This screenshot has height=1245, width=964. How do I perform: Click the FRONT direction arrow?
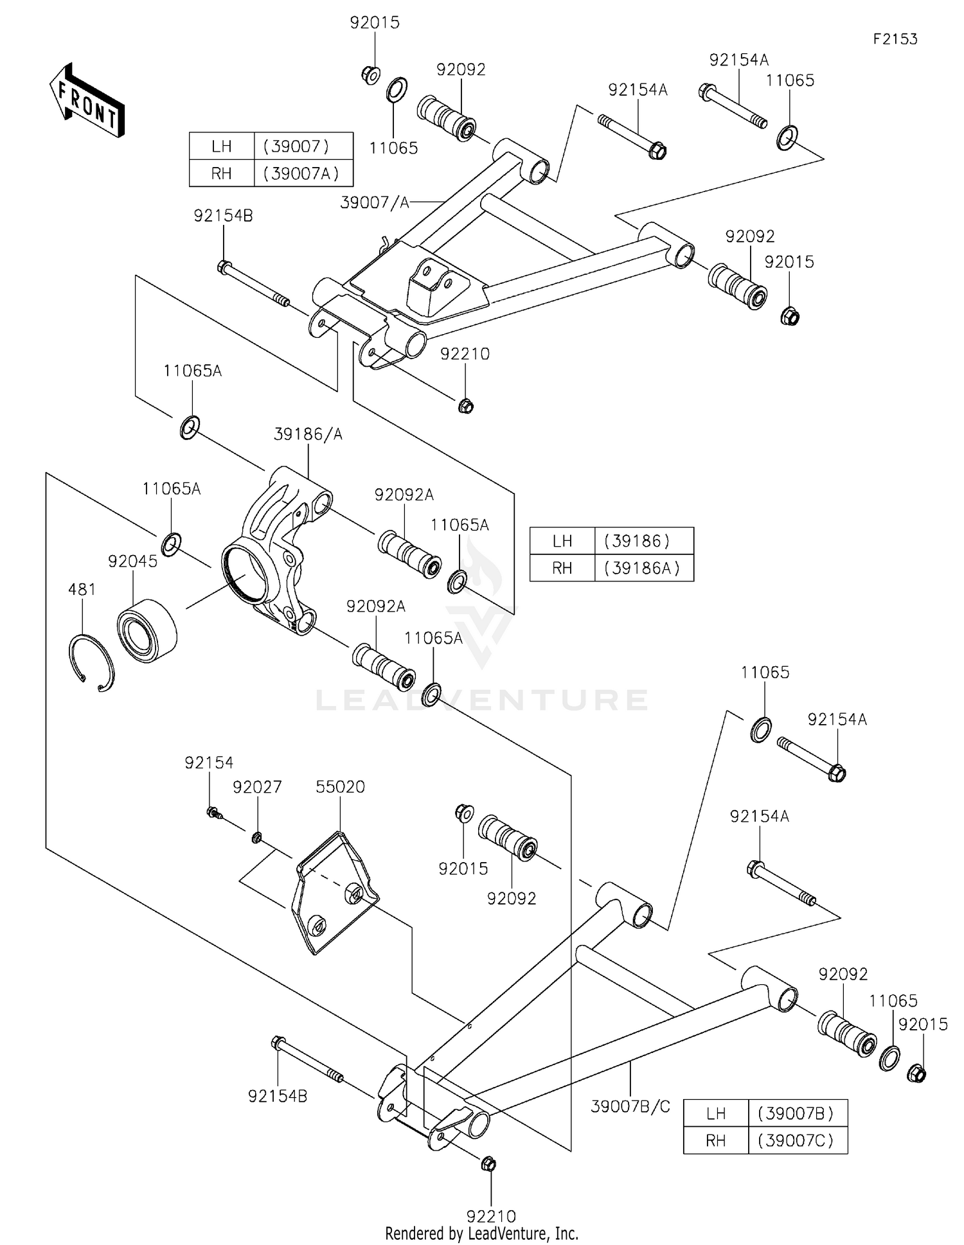[87, 101]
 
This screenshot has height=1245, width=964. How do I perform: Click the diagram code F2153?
[895, 39]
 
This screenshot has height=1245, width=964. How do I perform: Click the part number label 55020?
[340, 787]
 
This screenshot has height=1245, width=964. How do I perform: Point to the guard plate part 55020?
[334, 893]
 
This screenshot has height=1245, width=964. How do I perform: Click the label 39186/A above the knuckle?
[308, 435]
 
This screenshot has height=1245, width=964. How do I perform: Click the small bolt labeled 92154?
[214, 814]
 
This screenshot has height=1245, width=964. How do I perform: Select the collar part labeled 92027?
[256, 837]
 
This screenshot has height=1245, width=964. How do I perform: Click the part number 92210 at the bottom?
[491, 1216]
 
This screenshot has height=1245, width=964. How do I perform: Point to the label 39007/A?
[375, 202]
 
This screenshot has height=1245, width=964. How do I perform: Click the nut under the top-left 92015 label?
[370, 75]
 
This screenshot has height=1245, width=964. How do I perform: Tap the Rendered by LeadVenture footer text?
[481, 1233]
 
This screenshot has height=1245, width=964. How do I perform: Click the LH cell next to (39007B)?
[715, 1113]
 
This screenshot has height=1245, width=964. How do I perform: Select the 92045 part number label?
[132, 561]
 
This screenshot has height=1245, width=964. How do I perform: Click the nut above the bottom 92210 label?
[488, 1163]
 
